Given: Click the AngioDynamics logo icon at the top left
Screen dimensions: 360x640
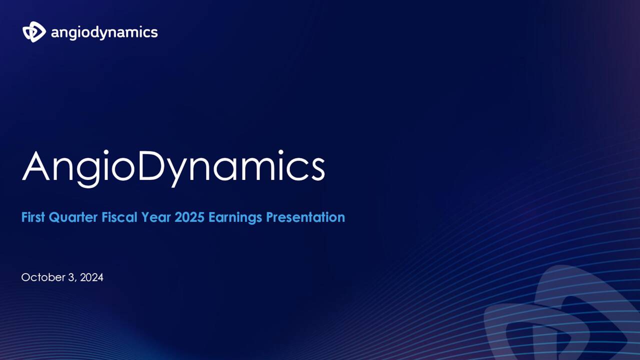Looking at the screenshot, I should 34,32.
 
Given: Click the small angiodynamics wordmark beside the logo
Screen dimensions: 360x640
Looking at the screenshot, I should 104,33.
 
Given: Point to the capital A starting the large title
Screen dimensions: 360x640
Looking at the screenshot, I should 37,165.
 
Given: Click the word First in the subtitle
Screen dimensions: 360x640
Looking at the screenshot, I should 33,217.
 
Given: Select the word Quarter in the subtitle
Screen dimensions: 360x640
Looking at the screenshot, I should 73,217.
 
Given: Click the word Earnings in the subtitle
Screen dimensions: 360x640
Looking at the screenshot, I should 235,218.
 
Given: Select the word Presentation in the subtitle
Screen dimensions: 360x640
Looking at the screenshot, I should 305,217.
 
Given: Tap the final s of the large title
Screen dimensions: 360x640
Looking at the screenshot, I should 317,170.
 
